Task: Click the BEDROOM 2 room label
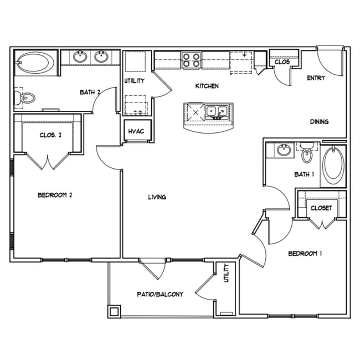(55, 195)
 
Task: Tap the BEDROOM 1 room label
(305, 254)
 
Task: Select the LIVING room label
(157, 197)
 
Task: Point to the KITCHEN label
(207, 86)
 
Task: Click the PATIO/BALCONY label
(160, 294)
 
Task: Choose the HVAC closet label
(136, 132)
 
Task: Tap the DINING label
(319, 122)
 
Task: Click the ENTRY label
(316, 78)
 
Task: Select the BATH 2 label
(88, 92)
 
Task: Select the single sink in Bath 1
(284, 151)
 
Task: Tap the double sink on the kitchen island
(215, 112)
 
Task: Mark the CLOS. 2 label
(50, 135)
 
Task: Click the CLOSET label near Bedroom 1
(321, 208)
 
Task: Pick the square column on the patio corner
(114, 312)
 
